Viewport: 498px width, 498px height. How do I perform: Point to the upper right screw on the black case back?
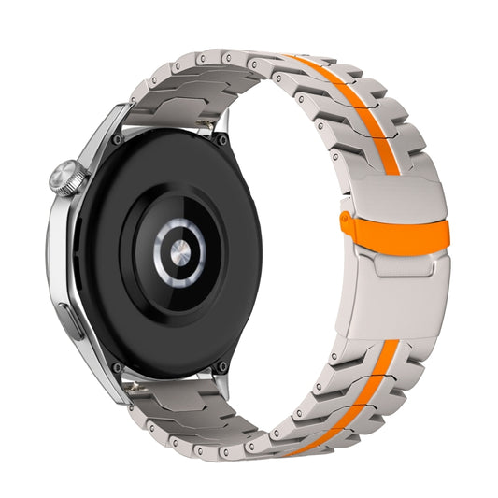coord(222,140)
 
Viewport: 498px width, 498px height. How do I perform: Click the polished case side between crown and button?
coord(58,252)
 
